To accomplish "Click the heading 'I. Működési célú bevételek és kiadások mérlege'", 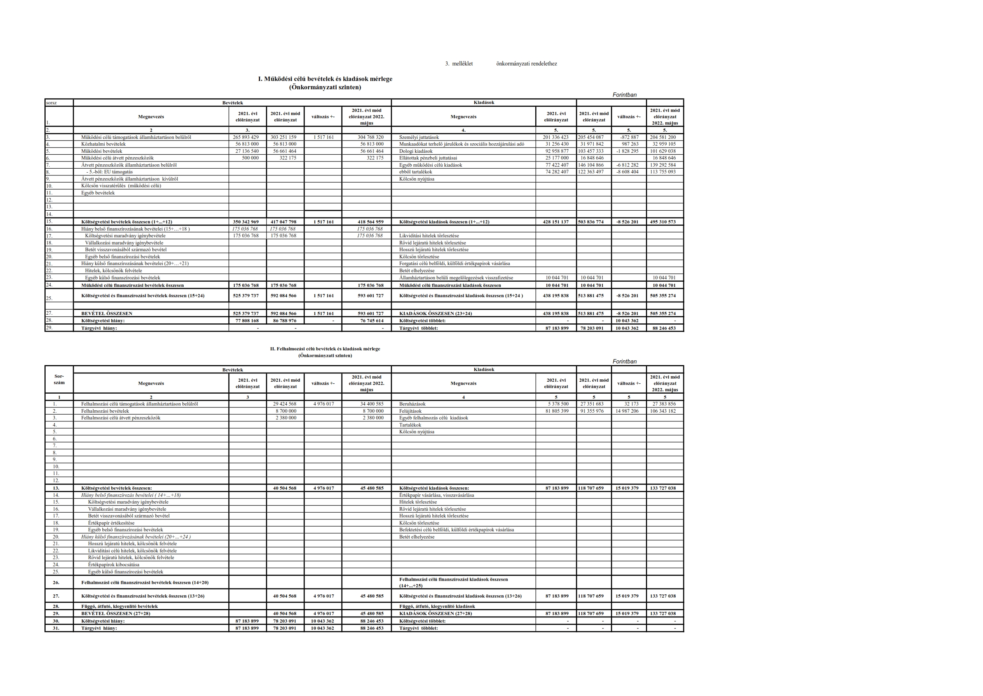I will (x=325, y=79).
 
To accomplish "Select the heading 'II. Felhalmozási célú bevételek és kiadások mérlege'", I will (x=325, y=349).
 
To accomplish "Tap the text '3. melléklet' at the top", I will (x=459, y=64).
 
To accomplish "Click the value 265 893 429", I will (x=246, y=138).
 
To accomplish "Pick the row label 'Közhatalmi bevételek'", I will (x=103, y=144).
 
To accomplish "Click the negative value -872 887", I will (x=629, y=138).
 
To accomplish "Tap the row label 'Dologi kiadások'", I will (x=416, y=151).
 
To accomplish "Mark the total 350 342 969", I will (x=246, y=222).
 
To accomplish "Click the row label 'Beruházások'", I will (x=412, y=404).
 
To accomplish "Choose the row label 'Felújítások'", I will (x=410, y=411).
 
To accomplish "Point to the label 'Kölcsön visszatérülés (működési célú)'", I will (x=121, y=186).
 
